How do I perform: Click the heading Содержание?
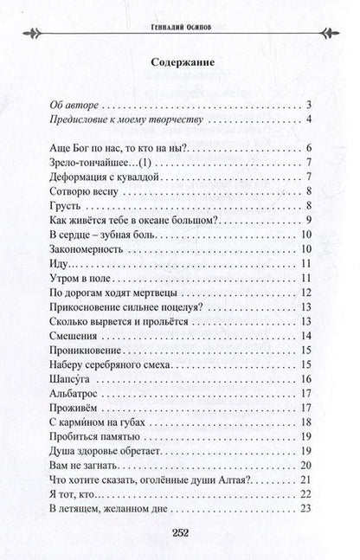[179, 63]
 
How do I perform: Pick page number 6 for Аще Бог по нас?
[308, 150]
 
